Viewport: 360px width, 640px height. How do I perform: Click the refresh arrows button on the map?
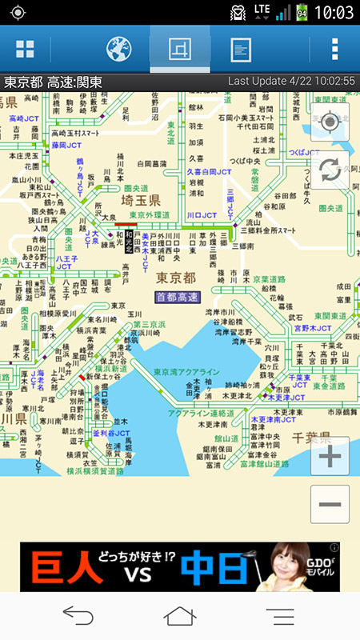pyautogui.click(x=330, y=170)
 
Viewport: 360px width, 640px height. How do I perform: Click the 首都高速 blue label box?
pyautogui.click(x=178, y=297)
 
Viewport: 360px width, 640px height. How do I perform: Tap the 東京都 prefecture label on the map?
pyautogui.click(x=175, y=278)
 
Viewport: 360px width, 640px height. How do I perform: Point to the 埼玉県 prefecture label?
pyautogui.click(x=141, y=199)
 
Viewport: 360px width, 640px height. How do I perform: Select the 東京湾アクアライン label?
pyautogui.click(x=186, y=373)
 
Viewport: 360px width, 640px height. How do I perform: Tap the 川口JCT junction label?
pyautogui.click(x=202, y=215)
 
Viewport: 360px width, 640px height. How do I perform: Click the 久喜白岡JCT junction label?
pyautogui.click(x=209, y=171)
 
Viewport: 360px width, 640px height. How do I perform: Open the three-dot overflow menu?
pyautogui.click(x=334, y=50)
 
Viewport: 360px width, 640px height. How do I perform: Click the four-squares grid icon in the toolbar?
pyautogui.click(x=26, y=50)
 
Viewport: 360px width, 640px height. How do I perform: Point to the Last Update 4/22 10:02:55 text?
pyautogui.click(x=291, y=82)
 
